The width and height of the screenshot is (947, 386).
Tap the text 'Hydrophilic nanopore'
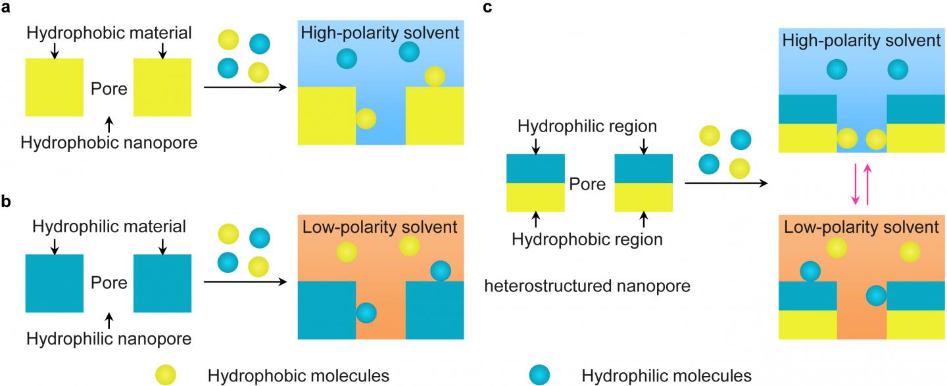point(109,339)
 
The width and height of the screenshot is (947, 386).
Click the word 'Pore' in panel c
point(588,183)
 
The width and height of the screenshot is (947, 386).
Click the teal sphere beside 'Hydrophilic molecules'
point(541,374)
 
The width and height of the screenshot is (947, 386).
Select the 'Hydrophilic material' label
point(109,227)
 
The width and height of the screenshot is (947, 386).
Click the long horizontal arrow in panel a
point(246,87)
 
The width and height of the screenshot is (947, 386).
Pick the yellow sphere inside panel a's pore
point(366,119)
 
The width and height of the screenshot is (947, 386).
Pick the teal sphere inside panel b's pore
point(366,312)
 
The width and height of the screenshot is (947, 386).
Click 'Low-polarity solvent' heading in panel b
point(380,228)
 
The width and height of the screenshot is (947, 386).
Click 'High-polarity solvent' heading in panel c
point(861,41)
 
